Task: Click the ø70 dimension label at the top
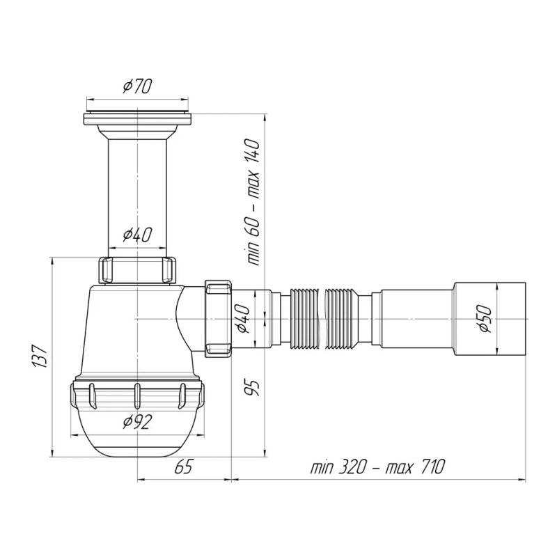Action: click(x=137, y=86)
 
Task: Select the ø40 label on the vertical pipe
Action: click(x=137, y=235)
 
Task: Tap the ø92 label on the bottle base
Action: click(x=137, y=421)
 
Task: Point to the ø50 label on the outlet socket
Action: click(x=485, y=317)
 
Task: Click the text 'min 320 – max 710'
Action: click(x=377, y=467)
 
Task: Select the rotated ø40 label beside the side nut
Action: click(x=244, y=318)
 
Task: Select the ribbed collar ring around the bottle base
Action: click(x=137, y=398)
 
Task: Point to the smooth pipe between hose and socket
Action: click(x=411, y=317)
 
